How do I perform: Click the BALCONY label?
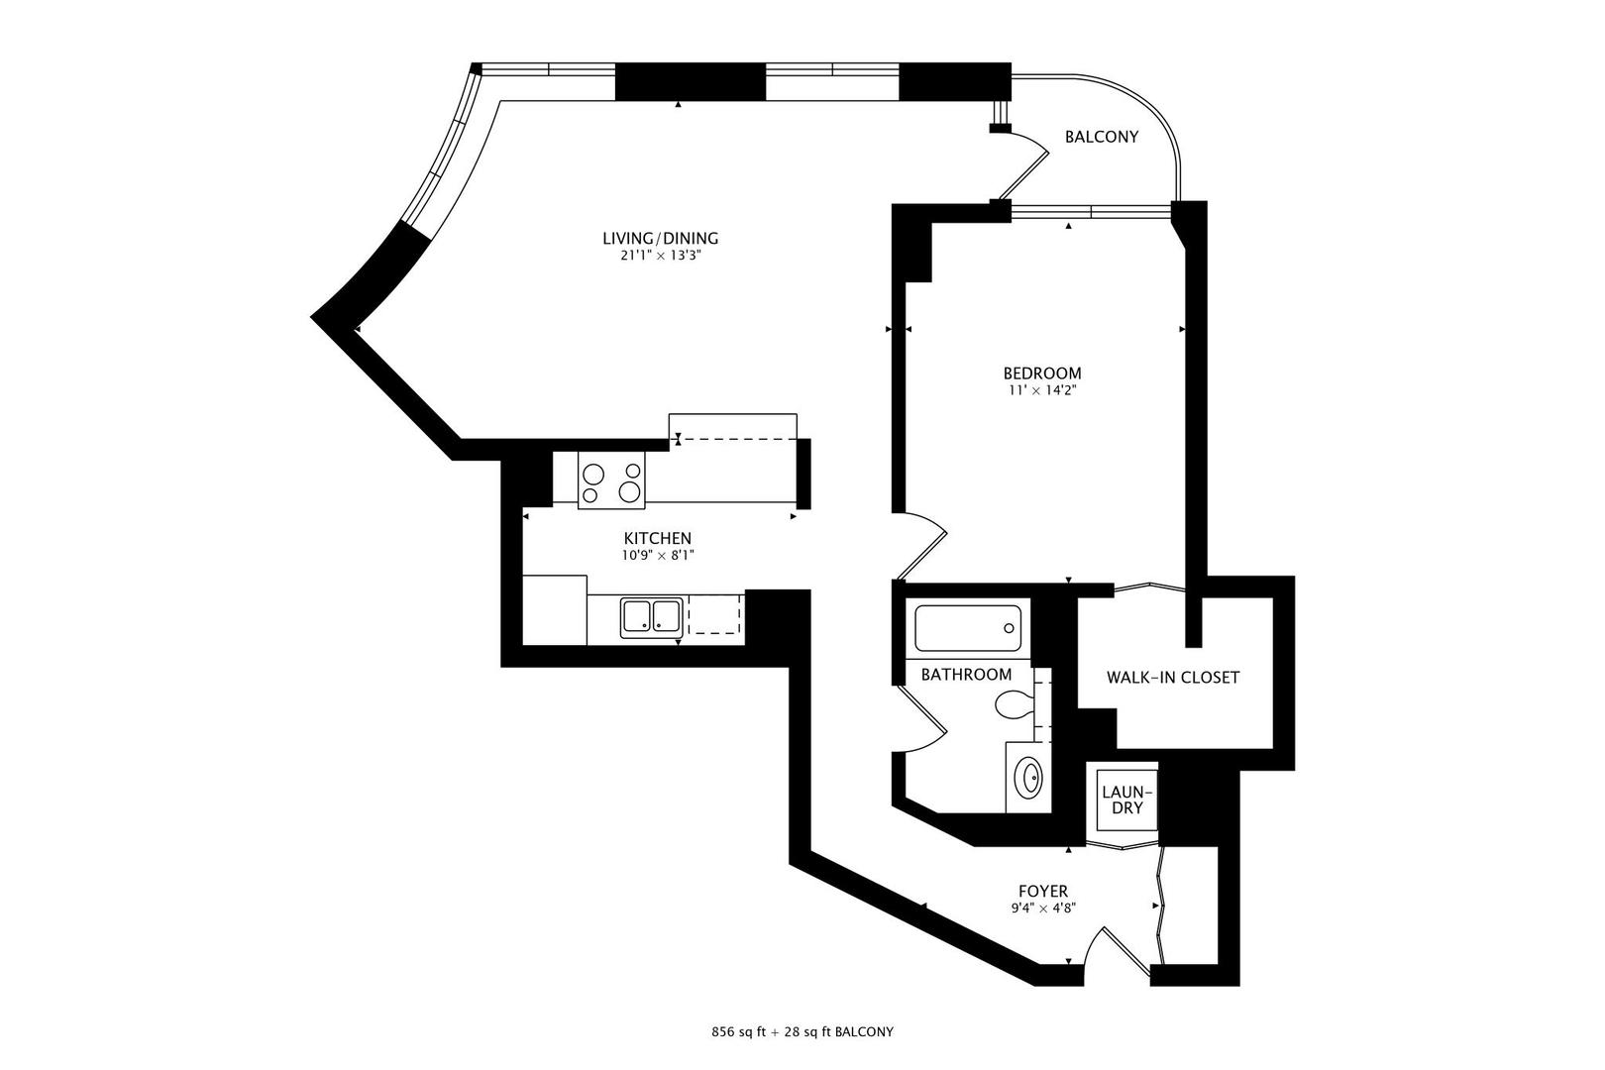pyautogui.click(x=1101, y=137)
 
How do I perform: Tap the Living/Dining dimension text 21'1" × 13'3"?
pyautogui.click(x=660, y=256)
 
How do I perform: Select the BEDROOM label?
pyautogui.click(x=1041, y=374)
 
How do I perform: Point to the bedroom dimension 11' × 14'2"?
pyautogui.click(x=1040, y=390)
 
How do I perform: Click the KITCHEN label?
pyautogui.click(x=657, y=538)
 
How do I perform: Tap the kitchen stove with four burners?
pyautogui.click(x=611, y=483)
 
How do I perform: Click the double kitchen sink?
pyautogui.click(x=651, y=617)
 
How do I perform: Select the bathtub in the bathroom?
pyautogui.click(x=967, y=628)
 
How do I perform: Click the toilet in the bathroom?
pyautogui.click(x=1014, y=706)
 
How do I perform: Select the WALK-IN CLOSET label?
pyautogui.click(x=1173, y=678)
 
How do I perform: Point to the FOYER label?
pyautogui.click(x=1043, y=892)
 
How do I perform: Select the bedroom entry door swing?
pyautogui.click(x=923, y=546)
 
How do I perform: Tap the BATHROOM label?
pyautogui.click(x=966, y=675)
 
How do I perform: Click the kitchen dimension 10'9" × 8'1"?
pyautogui.click(x=657, y=556)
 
